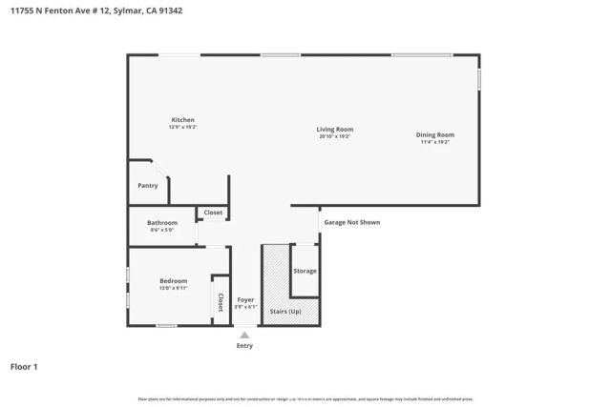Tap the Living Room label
coord(335,129)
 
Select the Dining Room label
coord(434,134)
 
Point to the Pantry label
coord(147,186)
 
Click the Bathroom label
coord(162,223)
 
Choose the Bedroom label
coord(173,281)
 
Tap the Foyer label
coord(246,299)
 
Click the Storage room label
coord(305,271)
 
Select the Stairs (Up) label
coord(286,311)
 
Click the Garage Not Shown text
coord(351,222)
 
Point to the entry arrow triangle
coord(245,335)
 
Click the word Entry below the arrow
coord(245,346)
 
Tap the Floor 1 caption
coord(24,366)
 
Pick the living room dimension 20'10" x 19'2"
coord(335,136)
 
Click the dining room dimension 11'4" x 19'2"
coord(434,142)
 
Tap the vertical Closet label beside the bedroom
coord(220,302)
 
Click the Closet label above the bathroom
coord(213,213)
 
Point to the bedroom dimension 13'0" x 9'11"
coord(173,289)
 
